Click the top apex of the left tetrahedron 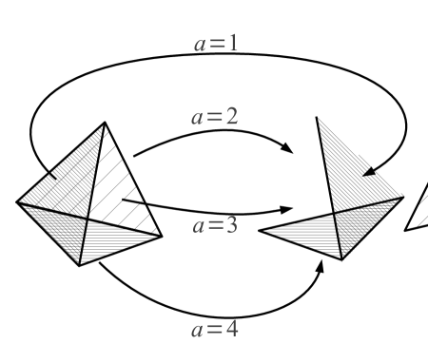tap(101, 123)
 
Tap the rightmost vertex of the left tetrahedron tap(164, 236)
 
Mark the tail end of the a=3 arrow tap(123, 201)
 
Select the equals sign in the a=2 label tap(212, 120)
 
